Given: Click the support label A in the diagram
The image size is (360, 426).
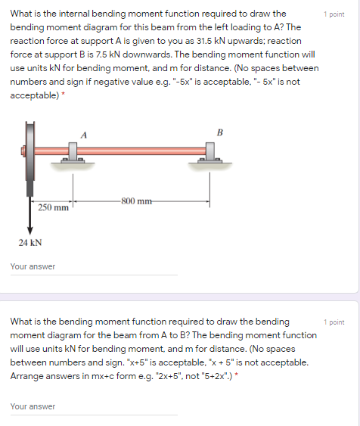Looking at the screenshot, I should click(x=83, y=134).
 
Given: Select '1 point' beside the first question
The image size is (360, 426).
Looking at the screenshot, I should click(x=334, y=14).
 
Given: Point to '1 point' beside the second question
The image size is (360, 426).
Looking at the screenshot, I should click(x=334, y=322).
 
